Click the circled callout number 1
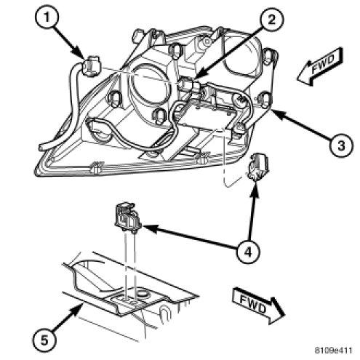tap(47, 17)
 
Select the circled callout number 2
tap(271, 20)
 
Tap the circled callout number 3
tap(341, 145)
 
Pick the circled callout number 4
tap(248, 252)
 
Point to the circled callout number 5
tap(44, 340)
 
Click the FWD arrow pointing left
tap(320, 66)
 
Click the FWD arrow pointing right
tap(258, 306)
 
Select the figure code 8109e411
tap(333, 350)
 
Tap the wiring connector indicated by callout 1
tap(91, 66)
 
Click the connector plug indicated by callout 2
tap(188, 84)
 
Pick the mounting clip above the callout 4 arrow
tap(257, 167)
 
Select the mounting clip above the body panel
tap(127, 216)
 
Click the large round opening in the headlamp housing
tap(148, 84)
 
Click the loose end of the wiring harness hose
tap(41, 147)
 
